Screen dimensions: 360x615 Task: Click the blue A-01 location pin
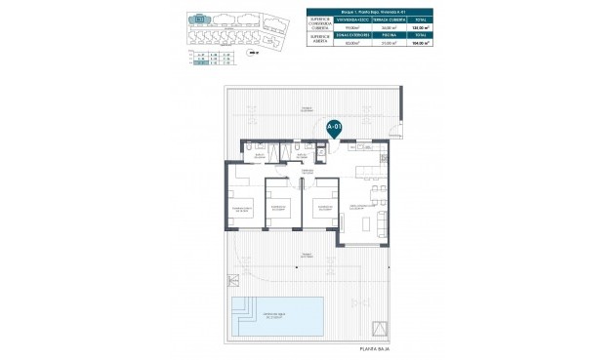(334, 127)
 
